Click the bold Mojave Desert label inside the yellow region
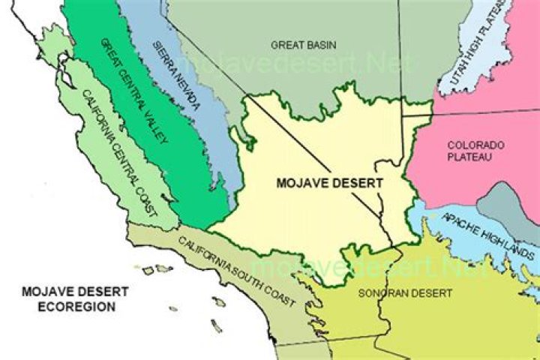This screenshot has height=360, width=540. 329,182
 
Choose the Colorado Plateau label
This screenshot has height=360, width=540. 475,151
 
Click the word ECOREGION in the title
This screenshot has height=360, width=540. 68,307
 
